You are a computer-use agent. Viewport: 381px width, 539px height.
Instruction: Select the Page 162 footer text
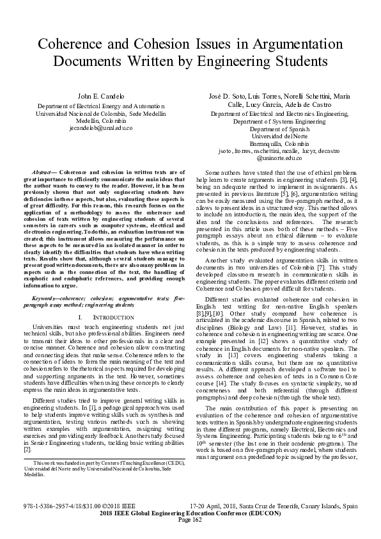[x=190, y=519]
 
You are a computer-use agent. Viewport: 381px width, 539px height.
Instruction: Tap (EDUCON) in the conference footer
[x=263, y=511]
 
